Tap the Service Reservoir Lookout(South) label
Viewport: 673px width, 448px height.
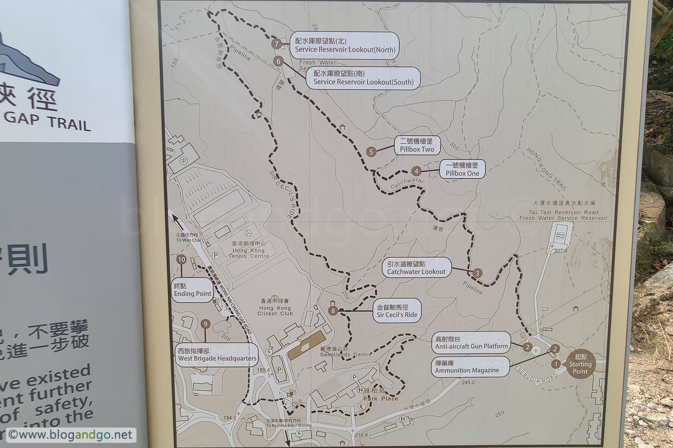pos(363,78)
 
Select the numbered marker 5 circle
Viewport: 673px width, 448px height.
pos(371,151)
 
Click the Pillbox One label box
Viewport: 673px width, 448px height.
pos(462,169)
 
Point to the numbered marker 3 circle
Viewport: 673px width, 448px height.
pos(477,273)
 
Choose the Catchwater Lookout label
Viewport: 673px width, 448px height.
pos(417,268)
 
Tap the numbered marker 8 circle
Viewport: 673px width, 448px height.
pos(333,311)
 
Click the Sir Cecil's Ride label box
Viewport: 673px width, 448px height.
pos(397,311)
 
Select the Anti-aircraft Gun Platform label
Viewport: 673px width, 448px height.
pos(471,342)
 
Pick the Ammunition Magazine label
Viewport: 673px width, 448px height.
pos(471,366)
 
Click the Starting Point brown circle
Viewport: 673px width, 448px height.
pos(580,364)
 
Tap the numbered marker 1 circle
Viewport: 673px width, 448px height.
pos(556,364)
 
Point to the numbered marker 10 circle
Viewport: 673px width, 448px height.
pos(181,260)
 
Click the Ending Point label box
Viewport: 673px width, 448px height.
pos(192,290)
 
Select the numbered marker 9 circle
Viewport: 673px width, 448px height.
pos(205,324)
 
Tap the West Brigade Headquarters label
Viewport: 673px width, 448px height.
pos(217,355)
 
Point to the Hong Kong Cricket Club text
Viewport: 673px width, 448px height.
pos(275,311)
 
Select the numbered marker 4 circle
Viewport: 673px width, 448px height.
pos(416,171)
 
